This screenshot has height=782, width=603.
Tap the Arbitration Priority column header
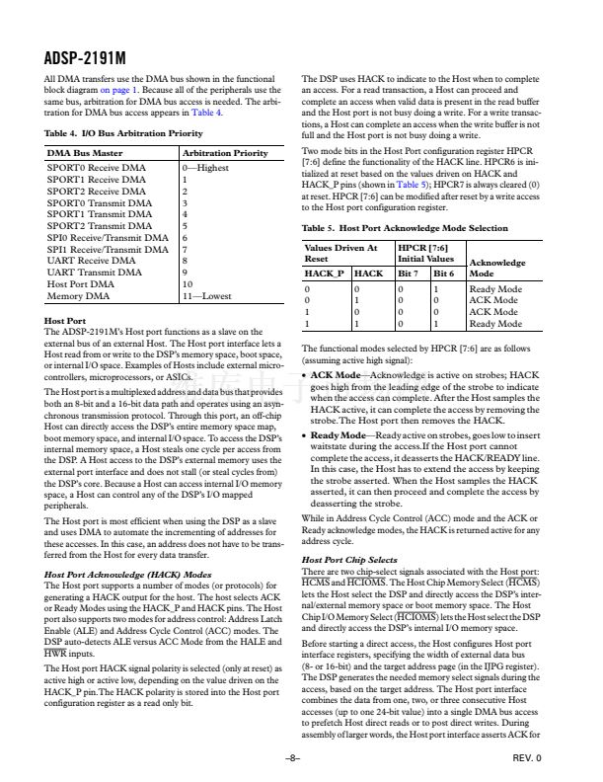coord(225,153)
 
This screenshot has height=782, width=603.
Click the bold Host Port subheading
coord(65,321)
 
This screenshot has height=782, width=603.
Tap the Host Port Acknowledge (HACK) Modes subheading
coord(128,573)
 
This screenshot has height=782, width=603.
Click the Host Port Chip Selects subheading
coord(349,560)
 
